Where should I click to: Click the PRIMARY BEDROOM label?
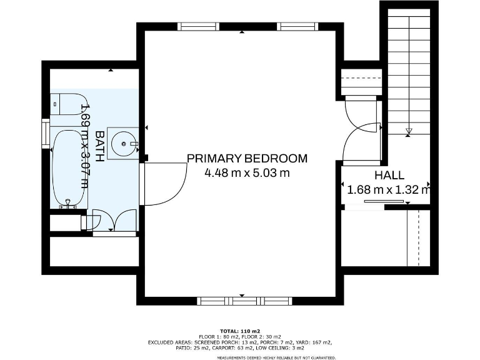click(247, 158)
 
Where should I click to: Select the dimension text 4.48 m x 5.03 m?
click(247, 173)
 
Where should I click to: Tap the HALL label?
click(389, 176)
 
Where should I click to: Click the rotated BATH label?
click(99, 145)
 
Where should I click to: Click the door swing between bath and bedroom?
click(164, 184)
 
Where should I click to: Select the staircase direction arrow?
click(408, 131)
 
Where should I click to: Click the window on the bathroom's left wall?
click(45, 134)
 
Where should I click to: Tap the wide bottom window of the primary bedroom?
click(244, 301)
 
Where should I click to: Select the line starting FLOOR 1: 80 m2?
click(240, 336)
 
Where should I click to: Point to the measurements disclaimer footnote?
click(276, 357)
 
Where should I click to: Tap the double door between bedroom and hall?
click(361, 131)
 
